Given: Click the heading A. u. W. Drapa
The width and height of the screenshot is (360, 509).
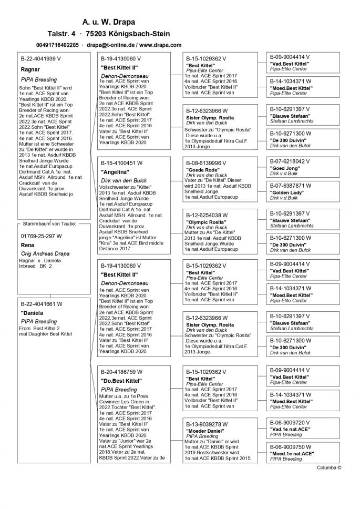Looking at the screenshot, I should pos(109,22).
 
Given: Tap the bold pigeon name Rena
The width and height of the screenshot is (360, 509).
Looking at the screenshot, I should pos(27,245).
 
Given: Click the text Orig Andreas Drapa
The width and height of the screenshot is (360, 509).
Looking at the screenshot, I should pos(45,254).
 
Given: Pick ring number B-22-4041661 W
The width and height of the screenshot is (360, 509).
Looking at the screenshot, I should pos(42,304).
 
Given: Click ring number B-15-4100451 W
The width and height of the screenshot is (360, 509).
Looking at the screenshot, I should pos(121,163).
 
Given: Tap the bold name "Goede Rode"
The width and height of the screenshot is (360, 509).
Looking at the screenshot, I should pos(201,170).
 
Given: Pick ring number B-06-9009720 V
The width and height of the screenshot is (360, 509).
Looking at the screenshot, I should pos(290,422).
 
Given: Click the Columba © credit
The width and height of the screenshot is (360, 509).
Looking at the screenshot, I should pos(329,466).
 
